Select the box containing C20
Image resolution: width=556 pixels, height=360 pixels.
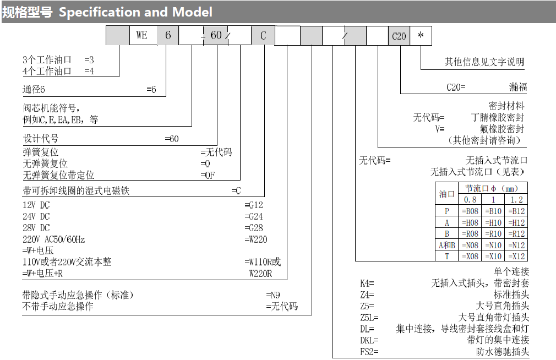tap(399, 36)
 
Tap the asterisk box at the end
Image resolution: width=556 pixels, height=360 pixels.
tap(421, 36)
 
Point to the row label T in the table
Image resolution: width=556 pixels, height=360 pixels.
tap(446, 256)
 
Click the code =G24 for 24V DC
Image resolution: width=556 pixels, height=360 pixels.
tap(254, 216)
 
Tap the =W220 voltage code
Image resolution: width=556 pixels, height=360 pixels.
tap(256, 239)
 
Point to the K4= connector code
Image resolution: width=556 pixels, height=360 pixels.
tap(367, 283)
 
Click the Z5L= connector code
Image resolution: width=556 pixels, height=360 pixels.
tap(369, 318)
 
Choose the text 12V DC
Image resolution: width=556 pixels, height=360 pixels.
tap(36, 205)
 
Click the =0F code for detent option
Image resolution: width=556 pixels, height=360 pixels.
tap(208, 175)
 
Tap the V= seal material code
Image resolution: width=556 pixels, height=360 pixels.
tap(439, 129)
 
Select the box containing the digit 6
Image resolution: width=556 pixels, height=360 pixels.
tap(168, 36)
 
